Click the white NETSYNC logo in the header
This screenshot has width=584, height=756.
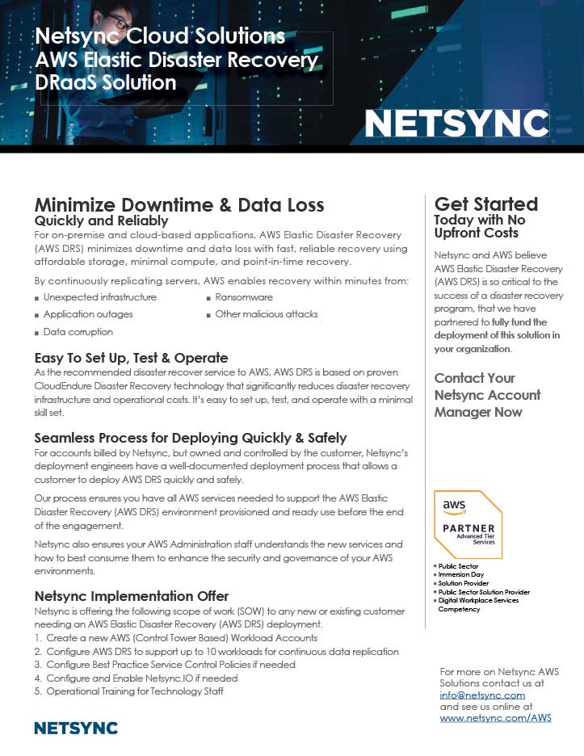(x=456, y=123)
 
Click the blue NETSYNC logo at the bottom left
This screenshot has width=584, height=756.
(x=76, y=728)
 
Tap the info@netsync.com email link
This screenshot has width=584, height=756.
(x=482, y=695)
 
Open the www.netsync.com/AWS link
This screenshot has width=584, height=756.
(x=495, y=717)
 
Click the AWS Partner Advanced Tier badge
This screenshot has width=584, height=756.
(x=468, y=523)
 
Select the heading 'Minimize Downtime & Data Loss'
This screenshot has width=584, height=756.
(x=179, y=204)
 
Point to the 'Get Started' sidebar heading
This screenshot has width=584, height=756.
(x=486, y=204)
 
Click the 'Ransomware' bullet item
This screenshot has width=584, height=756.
(x=243, y=297)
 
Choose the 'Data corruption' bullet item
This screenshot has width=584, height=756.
(x=78, y=332)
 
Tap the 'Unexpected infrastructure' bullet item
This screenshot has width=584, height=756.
(x=99, y=297)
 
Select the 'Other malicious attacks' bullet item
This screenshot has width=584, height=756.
(x=266, y=314)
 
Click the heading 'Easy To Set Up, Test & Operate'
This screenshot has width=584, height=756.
(x=132, y=358)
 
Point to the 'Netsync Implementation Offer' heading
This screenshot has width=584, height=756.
(x=132, y=596)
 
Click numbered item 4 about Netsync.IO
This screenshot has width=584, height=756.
(x=141, y=678)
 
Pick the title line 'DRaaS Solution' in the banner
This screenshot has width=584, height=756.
(x=106, y=82)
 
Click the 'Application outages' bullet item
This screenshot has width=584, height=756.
(x=89, y=314)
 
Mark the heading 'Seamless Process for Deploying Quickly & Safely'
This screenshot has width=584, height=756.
(x=191, y=438)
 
